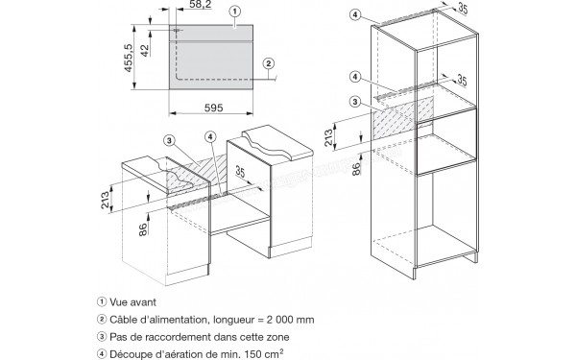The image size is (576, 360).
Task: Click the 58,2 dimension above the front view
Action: click(201, 5)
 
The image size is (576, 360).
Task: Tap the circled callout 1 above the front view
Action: click(235, 12)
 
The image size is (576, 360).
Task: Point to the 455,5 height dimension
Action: click(128, 58)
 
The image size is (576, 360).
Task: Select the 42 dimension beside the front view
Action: click(145, 50)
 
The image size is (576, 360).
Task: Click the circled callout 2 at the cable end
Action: click(269, 63)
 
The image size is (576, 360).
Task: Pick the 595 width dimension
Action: click(213, 108)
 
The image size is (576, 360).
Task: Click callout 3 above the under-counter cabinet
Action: click(169, 140)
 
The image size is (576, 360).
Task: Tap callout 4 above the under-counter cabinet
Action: click(210, 137)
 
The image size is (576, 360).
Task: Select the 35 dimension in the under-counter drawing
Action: click(240, 171)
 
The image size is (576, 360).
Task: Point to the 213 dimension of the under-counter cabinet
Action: click(105, 200)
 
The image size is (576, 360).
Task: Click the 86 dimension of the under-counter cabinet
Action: click(143, 229)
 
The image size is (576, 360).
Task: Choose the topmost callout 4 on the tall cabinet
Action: click(354, 14)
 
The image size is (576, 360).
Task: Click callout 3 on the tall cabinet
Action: click(354, 102)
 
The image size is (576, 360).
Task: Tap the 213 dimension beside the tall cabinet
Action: click(328, 137)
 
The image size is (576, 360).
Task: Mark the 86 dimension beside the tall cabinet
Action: click(356, 169)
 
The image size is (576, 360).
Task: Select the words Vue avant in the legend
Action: click(133, 302)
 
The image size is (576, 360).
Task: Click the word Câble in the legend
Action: click(121, 320)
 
